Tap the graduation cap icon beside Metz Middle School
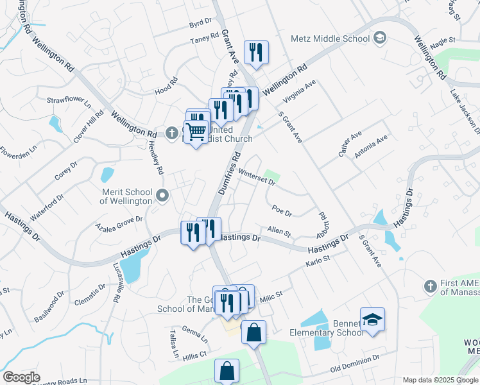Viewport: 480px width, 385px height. point(380,38)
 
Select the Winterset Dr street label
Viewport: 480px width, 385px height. point(256,177)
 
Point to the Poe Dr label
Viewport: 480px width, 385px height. point(282,210)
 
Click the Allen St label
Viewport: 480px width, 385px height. point(279,230)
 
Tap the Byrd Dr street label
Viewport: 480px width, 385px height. point(200,24)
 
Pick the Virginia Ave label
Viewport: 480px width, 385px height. point(299,94)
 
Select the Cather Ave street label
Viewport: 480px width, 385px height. point(350,144)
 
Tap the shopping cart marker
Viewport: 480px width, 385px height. point(196,132)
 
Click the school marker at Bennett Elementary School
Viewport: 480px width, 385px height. point(372,319)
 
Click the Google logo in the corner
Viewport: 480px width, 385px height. point(21,377)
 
